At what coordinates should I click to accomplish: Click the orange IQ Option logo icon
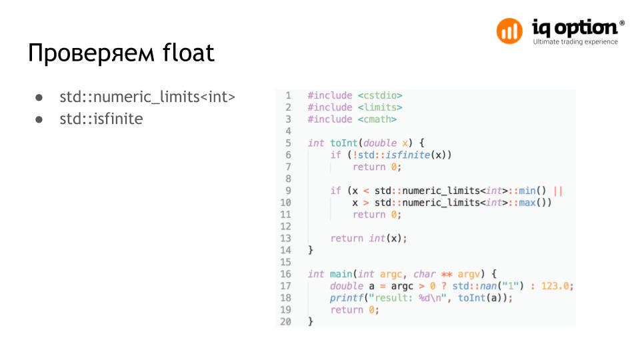[x=510, y=31]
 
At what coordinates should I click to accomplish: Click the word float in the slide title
[x=188, y=53]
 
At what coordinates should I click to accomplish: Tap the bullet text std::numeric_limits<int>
[x=147, y=97]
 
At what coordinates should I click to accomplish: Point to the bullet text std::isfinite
[x=101, y=120]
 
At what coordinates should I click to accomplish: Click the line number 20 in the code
[x=285, y=321]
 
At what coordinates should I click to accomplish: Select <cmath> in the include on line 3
[x=377, y=119]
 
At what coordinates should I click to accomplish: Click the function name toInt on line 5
[x=344, y=143]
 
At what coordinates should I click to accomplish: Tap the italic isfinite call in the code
[x=409, y=155]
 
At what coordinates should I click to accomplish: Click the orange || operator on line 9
[x=558, y=191]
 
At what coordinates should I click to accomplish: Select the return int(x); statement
[x=368, y=238]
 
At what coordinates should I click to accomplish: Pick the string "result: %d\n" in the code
[x=408, y=298]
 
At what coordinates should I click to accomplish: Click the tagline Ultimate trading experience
[x=575, y=42]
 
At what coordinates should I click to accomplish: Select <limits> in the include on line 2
[x=380, y=107]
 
